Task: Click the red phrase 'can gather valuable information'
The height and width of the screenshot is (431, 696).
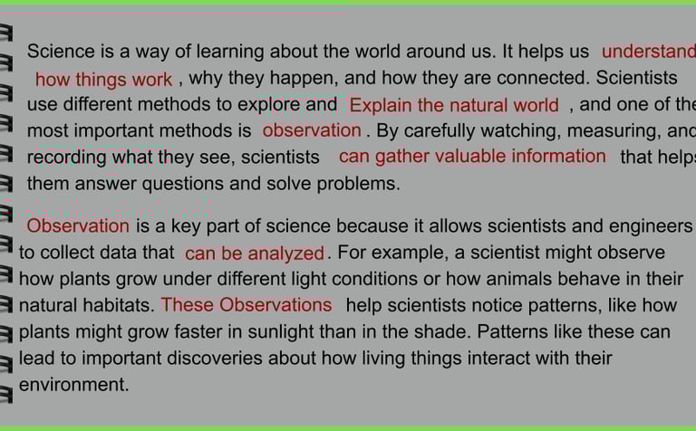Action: point(472,157)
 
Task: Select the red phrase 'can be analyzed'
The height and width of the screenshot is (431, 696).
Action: point(255,254)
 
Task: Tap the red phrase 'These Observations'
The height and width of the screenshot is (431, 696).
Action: point(246,305)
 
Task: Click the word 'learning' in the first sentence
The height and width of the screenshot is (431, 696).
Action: point(230,52)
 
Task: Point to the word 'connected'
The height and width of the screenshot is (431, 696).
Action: point(543,78)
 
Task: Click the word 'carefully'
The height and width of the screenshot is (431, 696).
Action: point(429,130)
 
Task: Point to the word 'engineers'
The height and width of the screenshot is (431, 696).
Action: point(651,226)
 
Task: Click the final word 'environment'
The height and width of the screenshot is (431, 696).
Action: point(73,385)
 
